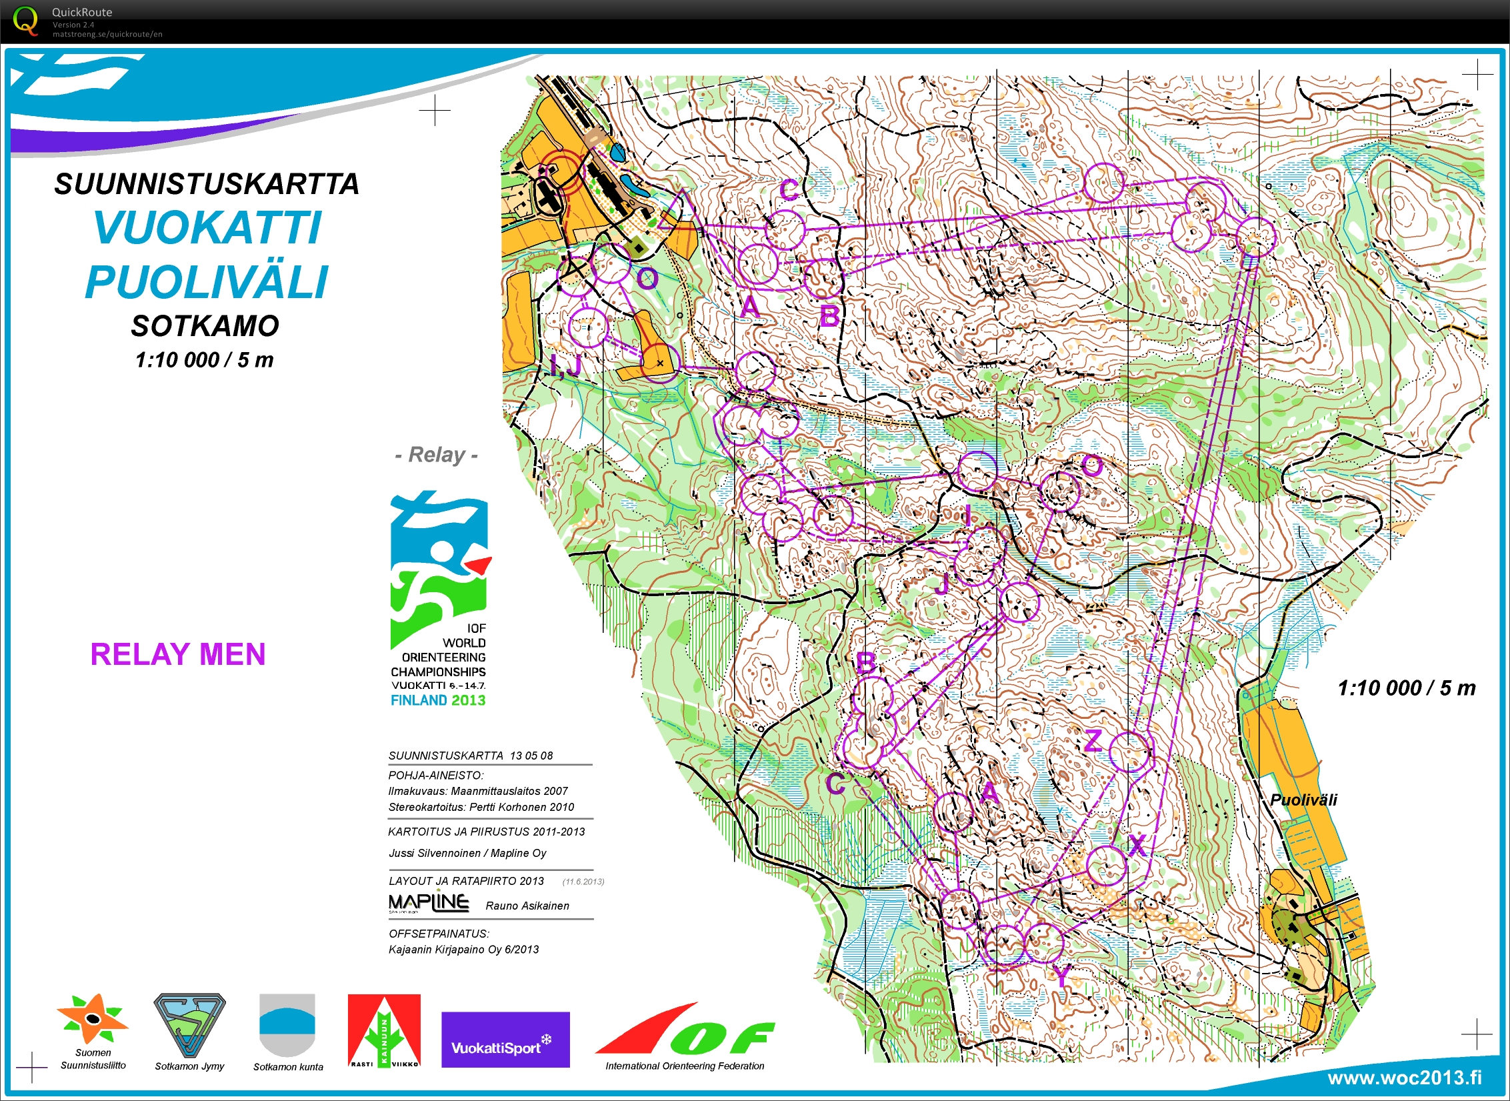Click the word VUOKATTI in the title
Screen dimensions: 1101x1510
point(207,228)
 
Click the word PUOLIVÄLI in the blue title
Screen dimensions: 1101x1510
point(207,282)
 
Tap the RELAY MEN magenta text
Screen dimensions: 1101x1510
point(177,654)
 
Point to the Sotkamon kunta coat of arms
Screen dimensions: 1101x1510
point(287,1025)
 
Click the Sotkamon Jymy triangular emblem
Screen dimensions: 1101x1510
point(189,1025)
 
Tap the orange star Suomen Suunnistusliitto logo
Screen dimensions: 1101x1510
point(93,1018)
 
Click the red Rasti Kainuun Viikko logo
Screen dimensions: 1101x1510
point(384,1030)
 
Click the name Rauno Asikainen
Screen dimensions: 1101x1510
point(527,906)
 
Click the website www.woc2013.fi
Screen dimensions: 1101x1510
point(1405,1078)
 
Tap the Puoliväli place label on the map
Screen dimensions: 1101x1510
point(1303,800)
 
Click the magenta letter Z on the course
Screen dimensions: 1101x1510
point(1093,741)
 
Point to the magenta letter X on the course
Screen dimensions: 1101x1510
point(1137,845)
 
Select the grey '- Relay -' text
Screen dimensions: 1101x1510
point(437,455)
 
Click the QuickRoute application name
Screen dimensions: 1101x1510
point(82,12)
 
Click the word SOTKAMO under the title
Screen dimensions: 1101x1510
point(205,326)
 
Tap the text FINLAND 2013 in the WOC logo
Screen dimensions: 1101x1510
point(438,700)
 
